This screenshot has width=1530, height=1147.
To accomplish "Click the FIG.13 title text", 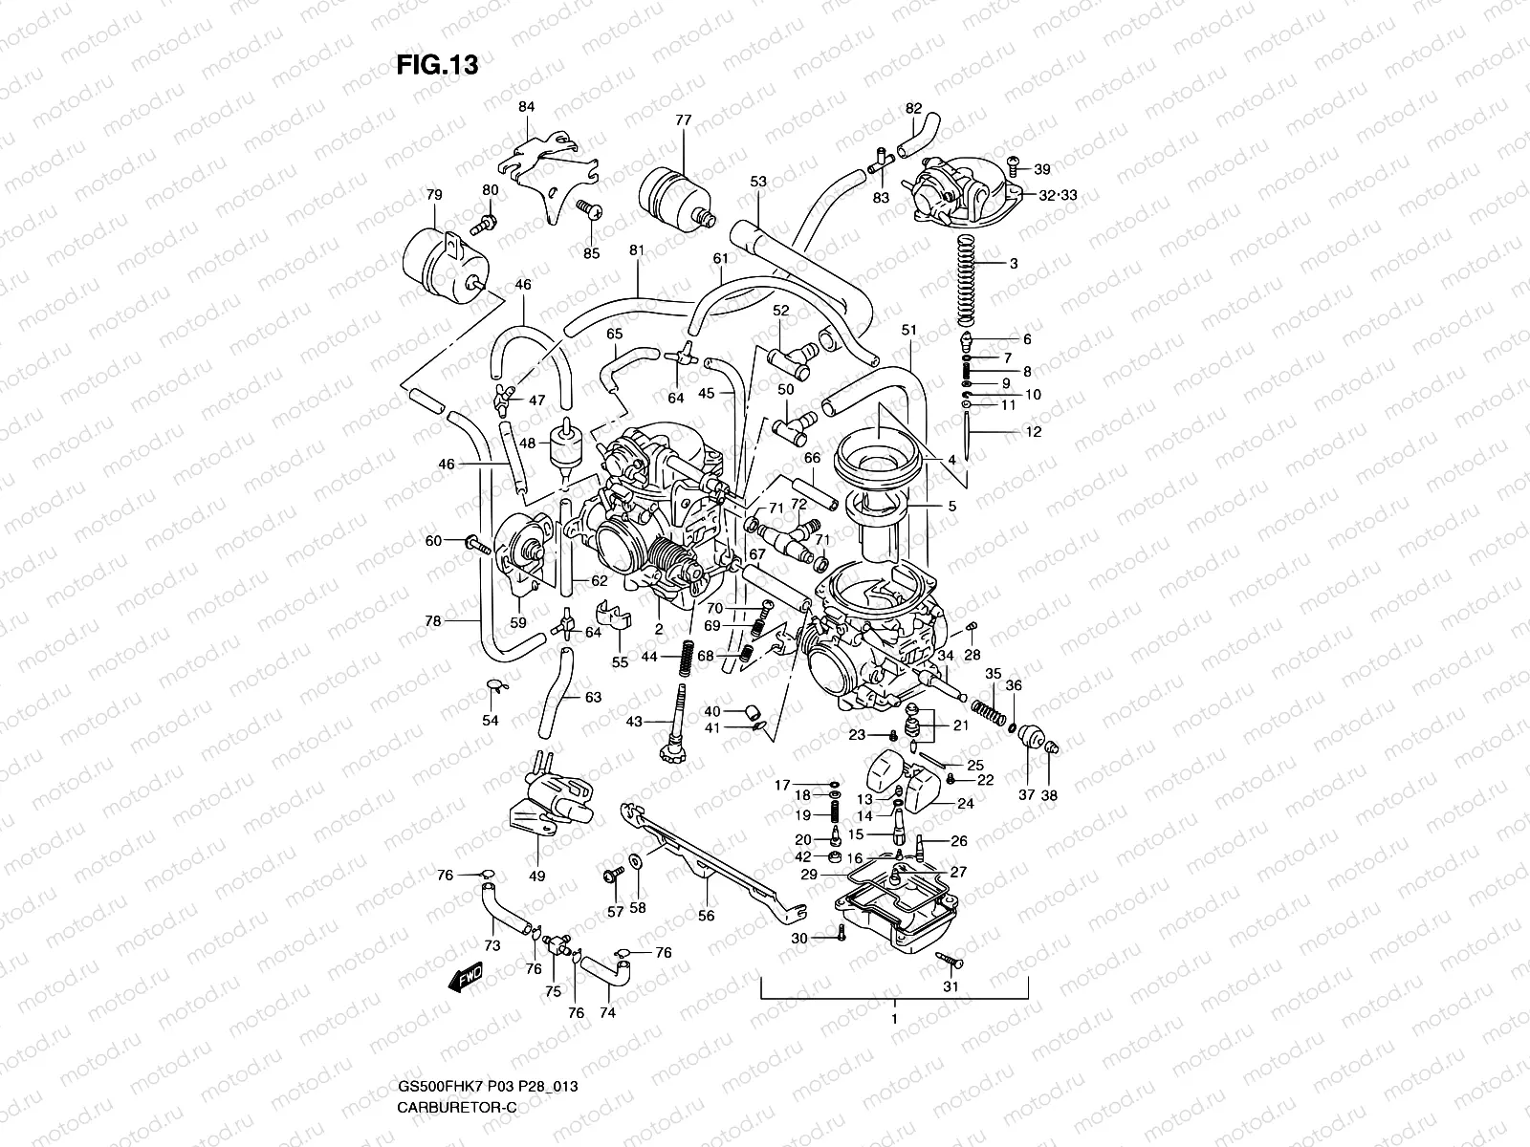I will tap(437, 64).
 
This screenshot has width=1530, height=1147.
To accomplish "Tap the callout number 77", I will tap(683, 120).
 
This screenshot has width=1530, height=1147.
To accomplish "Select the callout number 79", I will tap(434, 195).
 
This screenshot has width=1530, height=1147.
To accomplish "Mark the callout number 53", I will tap(758, 182).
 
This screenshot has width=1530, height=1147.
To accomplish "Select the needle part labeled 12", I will tap(970, 436).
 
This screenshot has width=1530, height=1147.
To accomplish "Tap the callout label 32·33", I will tap(1031, 194).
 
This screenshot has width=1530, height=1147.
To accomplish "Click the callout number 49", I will tap(536, 876).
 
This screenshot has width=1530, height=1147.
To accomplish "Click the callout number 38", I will tap(1049, 795).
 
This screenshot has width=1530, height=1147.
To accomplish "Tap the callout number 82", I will tap(913, 108).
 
